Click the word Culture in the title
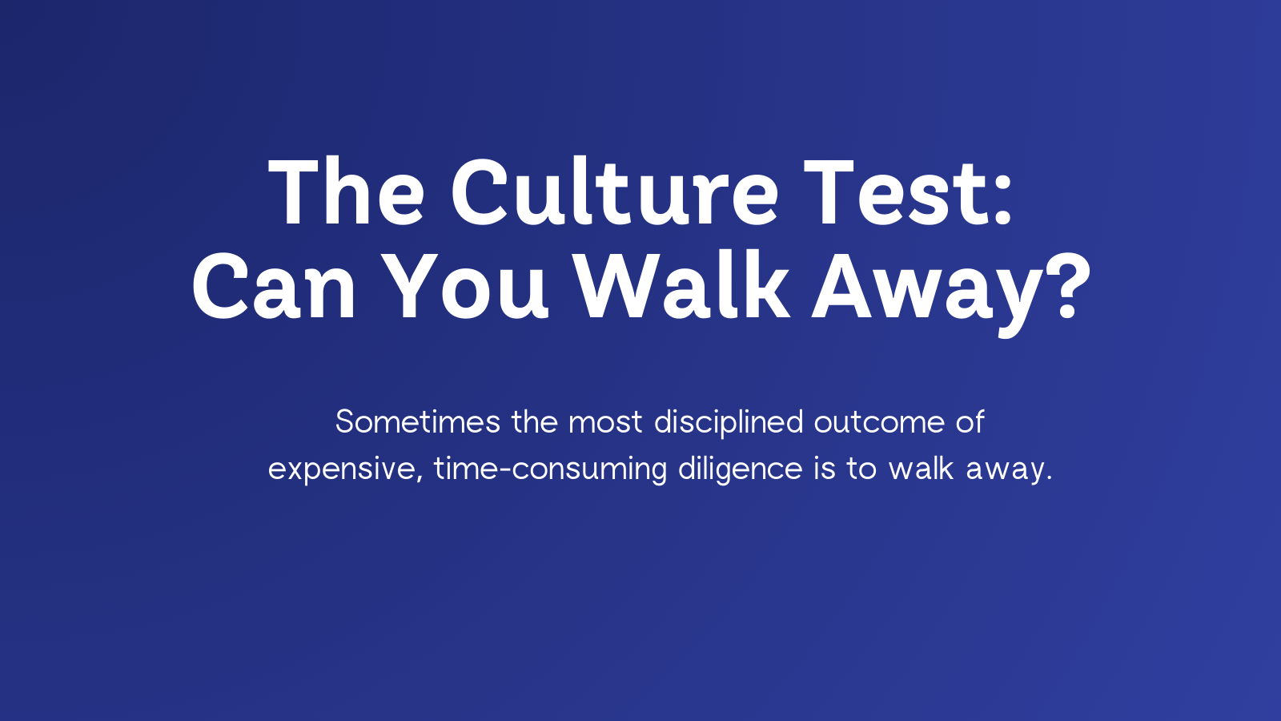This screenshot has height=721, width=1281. (x=614, y=193)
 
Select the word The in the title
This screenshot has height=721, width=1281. (x=347, y=193)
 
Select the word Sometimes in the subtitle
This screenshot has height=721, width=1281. (x=417, y=422)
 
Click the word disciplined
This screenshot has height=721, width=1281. (x=729, y=422)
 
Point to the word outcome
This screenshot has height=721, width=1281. (x=879, y=422)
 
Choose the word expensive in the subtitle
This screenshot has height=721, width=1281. (x=341, y=469)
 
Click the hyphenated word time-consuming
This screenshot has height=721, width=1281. (x=550, y=469)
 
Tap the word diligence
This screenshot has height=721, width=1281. (x=740, y=469)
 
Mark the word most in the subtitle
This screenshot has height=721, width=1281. (x=605, y=422)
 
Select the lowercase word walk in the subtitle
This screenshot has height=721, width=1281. (x=921, y=469)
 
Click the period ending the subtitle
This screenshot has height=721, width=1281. (x=1048, y=478)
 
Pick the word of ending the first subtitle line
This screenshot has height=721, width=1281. (x=970, y=422)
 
